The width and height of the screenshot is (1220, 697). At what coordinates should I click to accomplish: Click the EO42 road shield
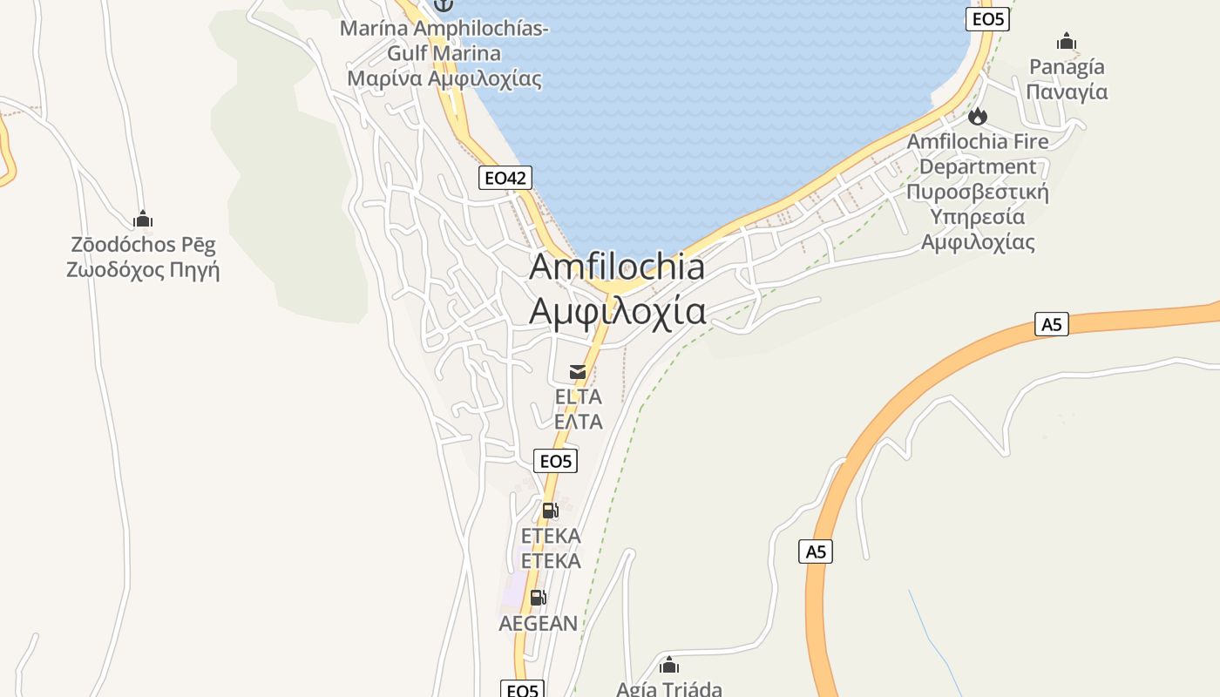point(505,178)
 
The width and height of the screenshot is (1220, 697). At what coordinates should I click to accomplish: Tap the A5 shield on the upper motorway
point(1052,324)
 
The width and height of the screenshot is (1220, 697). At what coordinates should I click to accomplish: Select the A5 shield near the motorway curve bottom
point(816,552)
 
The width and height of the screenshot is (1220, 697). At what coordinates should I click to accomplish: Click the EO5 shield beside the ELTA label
point(555,461)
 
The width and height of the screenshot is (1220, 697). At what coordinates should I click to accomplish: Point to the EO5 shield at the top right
point(987,18)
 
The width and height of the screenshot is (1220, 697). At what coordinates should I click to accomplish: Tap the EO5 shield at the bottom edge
point(522,690)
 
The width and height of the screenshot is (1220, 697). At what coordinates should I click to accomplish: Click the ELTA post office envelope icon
point(578,372)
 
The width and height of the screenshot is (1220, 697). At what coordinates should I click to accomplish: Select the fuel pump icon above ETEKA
point(550,511)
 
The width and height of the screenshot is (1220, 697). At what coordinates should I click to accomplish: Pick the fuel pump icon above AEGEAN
point(538,598)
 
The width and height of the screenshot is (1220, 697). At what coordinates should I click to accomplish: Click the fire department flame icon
point(978,116)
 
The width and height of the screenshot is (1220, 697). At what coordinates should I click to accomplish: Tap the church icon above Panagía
point(1067,41)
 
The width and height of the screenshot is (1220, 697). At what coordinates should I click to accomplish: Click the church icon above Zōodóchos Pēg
point(143,219)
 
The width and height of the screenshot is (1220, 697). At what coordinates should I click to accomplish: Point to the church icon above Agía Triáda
point(669,666)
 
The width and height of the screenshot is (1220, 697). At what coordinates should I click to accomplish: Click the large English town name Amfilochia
point(617,267)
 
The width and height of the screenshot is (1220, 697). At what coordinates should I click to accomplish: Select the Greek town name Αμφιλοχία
point(617,310)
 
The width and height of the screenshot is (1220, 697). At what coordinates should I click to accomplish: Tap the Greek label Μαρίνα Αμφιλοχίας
point(444,78)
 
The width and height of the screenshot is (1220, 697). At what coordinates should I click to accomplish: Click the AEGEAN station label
point(538,623)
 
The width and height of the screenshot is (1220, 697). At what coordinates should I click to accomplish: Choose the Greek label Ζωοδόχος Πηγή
point(143,269)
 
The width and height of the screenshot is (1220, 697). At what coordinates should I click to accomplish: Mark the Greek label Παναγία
point(1067,91)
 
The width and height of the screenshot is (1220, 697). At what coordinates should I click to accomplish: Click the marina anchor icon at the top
point(444,5)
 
